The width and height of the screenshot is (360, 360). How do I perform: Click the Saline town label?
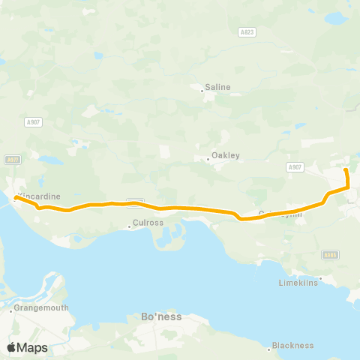coord(218,87)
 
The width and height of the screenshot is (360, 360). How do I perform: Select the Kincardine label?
coord(39,196)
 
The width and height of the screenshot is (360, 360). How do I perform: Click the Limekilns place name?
coord(298,282)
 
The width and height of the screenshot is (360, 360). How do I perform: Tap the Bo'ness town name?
coord(161,316)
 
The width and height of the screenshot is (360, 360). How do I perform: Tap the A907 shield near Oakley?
coord(294,167)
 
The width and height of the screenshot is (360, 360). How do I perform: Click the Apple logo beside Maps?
coord(11,347)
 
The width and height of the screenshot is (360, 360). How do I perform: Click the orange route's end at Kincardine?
coord(15,198)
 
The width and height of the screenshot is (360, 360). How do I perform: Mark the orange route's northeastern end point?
coord(346,171)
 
